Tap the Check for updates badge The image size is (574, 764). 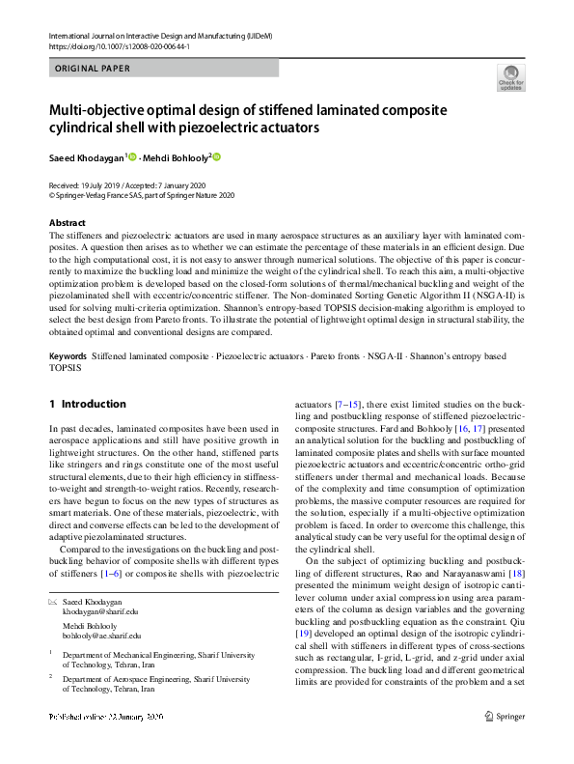click(509, 78)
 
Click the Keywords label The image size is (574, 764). click(68, 356)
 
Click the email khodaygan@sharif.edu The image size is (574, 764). click(101, 611)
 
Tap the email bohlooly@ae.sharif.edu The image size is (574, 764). click(102, 636)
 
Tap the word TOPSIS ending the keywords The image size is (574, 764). click(67, 368)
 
